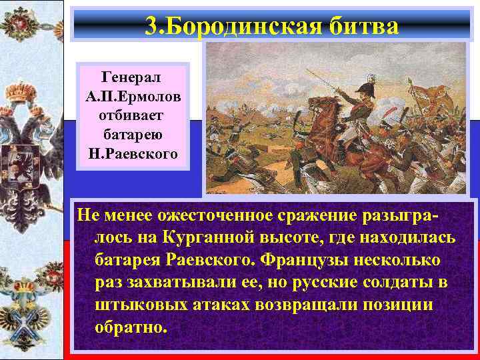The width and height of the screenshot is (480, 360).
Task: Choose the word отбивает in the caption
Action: (x=133, y=115)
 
